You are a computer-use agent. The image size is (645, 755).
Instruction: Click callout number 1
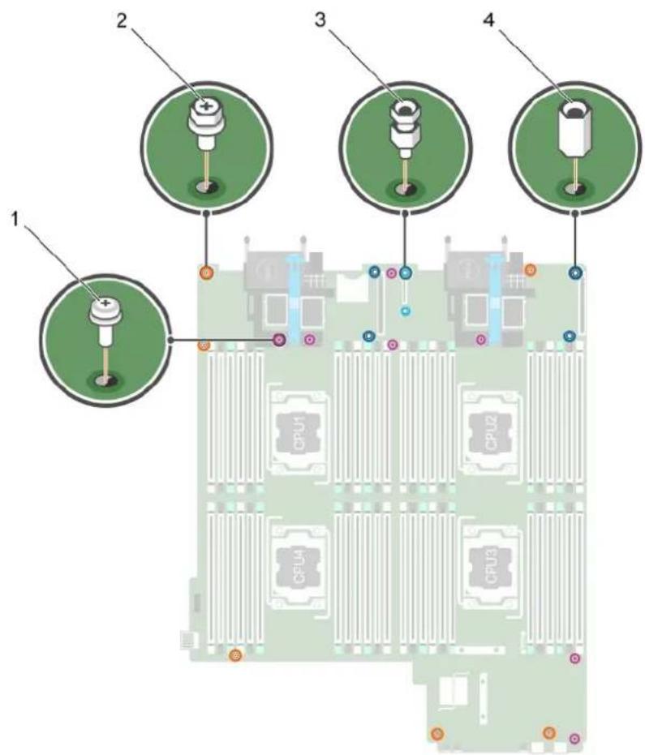click(x=16, y=221)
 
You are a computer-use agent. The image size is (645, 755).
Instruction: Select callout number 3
click(x=320, y=21)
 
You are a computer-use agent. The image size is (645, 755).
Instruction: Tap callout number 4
click(x=488, y=21)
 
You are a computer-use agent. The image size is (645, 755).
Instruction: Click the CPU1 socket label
click(x=299, y=435)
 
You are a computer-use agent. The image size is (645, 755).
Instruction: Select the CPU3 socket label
click(x=490, y=567)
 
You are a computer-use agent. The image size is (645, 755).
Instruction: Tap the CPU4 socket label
click(x=299, y=567)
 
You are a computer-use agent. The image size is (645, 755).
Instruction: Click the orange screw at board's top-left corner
click(x=207, y=273)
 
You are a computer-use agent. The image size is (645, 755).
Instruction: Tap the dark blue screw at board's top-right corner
click(x=576, y=273)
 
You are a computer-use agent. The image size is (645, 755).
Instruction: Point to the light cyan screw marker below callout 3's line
click(x=406, y=311)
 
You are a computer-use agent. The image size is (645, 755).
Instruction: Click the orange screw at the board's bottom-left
click(x=235, y=655)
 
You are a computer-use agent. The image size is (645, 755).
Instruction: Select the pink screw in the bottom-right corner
click(x=574, y=738)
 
